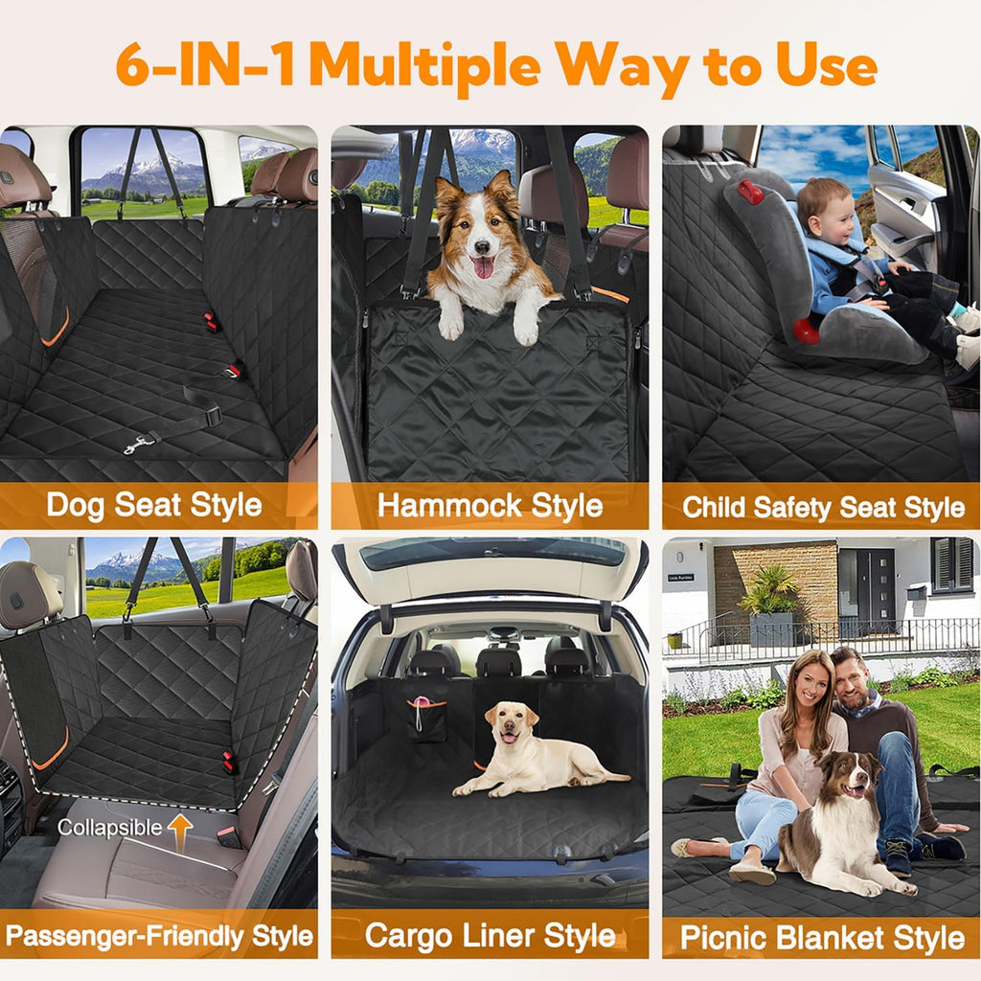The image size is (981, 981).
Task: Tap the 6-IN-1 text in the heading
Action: (x=207, y=64)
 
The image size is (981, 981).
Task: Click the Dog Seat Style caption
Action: (x=154, y=505)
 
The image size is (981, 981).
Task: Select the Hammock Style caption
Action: (x=490, y=505)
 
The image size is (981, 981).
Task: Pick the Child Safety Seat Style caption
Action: (x=823, y=507)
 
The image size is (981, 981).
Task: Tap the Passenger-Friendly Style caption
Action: (x=159, y=935)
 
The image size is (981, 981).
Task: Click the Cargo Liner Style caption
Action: (x=490, y=935)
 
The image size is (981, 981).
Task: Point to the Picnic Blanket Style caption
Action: (x=822, y=937)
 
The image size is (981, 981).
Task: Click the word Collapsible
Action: (x=109, y=828)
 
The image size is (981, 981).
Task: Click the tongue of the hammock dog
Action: (x=484, y=267)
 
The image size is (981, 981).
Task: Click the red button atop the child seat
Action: (x=750, y=192)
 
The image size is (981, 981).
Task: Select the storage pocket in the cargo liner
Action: (x=426, y=720)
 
